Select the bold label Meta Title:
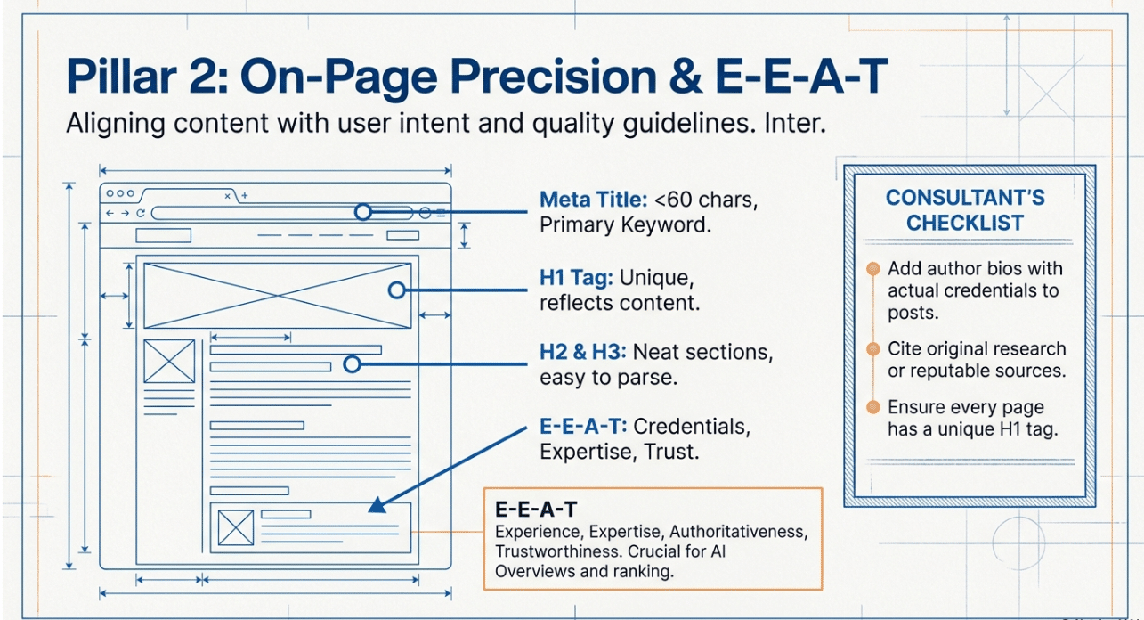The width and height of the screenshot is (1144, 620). click(594, 200)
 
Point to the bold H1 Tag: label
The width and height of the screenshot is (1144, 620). click(576, 278)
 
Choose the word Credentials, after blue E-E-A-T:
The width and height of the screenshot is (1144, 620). click(692, 427)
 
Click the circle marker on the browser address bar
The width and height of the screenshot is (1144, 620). click(362, 212)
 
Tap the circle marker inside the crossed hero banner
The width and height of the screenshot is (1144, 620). click(396, 290)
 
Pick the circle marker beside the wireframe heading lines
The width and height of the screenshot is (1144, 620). click(352, 363)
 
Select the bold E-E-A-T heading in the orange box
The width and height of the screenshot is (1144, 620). click(535, 510)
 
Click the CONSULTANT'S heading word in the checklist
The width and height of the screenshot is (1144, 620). click(965, 198)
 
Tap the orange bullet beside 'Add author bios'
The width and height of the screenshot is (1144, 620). click(872, 269)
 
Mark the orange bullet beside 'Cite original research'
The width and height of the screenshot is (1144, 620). click(872, 349)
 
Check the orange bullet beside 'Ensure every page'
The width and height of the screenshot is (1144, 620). click(872, 407)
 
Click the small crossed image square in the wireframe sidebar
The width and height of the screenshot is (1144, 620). click(169, 362)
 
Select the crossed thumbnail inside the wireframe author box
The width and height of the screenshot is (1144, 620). click(236, 528)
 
